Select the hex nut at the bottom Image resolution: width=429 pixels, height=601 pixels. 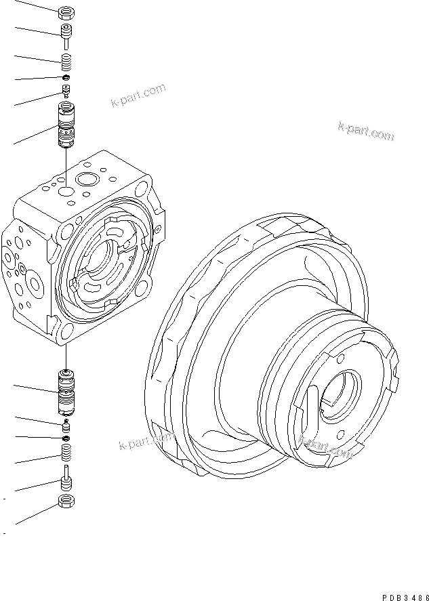(66, 501)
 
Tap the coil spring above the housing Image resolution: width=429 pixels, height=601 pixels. (66, 63)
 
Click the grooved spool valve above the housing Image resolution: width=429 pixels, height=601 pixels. (66, 127)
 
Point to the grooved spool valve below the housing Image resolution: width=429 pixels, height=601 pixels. (66, 394)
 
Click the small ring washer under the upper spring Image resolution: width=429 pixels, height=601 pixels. (66, 79)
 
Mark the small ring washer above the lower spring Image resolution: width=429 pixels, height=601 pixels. (66, 438)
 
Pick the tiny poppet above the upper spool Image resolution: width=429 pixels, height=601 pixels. (66, 91)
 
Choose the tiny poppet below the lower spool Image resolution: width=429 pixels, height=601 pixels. (66, 425)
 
